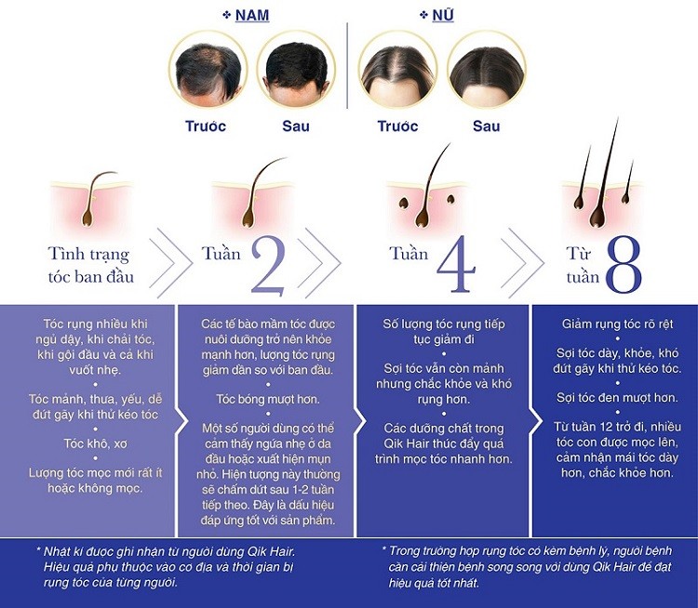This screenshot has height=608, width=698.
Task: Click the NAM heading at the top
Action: tap(244, 15)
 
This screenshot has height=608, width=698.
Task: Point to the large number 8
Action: tap(623, 264)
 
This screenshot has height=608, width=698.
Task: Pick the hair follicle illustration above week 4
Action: tap(423, 191)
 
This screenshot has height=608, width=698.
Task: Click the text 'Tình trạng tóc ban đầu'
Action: tap(88, 264)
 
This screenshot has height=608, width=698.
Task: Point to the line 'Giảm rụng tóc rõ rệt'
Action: tap(614, 324)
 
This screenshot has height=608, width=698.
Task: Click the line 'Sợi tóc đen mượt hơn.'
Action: tap(614, 397)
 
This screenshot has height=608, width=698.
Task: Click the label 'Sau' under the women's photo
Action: tap(486, 126)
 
